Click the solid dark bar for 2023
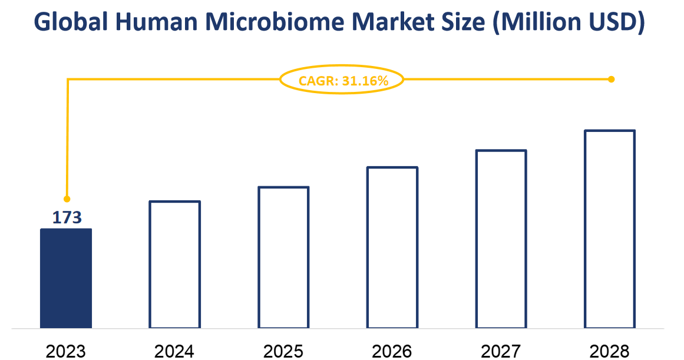click(66, 278)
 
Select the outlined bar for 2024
click(175, 265)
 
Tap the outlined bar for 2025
click(283, 257)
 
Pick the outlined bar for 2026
click(392, 247)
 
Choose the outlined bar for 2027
click(501, 239)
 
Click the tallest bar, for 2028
click(610, 229)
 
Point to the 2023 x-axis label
click(66, 351)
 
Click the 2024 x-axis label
click(174, 351)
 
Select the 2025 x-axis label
click(283, 351)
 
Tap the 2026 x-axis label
click(392, 351)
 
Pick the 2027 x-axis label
click(501, 351)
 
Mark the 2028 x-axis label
click(610, 351)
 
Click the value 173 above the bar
click(67, 218)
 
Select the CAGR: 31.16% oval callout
click(342, 81)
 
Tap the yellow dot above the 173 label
click(67, 199)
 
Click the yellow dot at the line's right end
click(611, 79)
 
